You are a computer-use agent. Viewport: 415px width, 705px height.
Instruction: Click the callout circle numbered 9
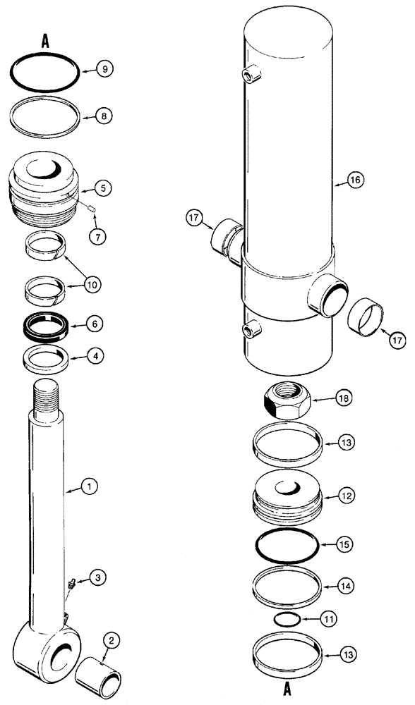(104, 69)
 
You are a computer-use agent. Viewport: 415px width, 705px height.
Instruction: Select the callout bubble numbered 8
(104, 114)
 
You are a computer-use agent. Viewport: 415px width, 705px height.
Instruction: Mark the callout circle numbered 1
(88, 486)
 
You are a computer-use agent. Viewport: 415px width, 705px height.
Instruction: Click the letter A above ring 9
(45, 42)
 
